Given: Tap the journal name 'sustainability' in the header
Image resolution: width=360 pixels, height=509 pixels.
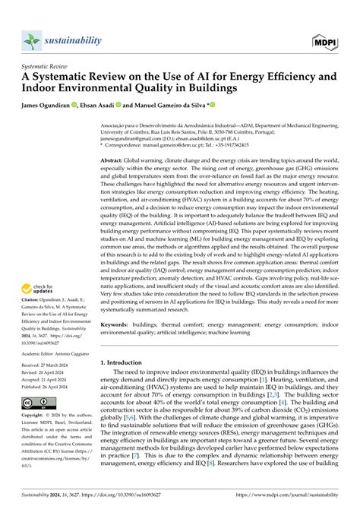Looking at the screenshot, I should [75, 37].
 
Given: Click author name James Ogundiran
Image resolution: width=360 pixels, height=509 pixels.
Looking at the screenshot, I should [49, 104].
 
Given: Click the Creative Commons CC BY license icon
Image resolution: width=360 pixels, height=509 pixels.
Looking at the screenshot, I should [37, 403].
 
